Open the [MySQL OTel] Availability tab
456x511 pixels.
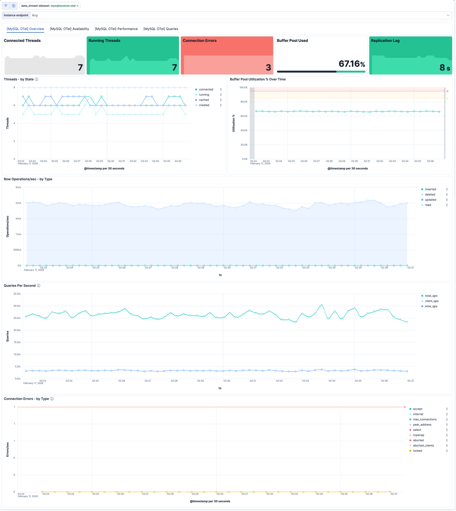(x=69, y=29)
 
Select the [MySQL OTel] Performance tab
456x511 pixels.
(x=116, y=29)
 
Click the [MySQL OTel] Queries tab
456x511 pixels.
(x=161, y=29)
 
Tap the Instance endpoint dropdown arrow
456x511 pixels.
(x=448, y=15)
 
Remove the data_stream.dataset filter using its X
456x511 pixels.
(x=78, y=6)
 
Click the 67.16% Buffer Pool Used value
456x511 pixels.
(x=352, y=64)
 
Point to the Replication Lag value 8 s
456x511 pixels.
(x=445, y=68)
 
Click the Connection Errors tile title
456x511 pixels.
(x=199, y=41)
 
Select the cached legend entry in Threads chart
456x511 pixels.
(x=204, y=100)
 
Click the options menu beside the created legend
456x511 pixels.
(x=221, y=105)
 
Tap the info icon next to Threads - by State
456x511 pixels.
(x=37, y=79)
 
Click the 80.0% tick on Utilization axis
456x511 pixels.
(x=244, y=102)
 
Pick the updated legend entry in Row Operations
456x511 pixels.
(x=430, y=200)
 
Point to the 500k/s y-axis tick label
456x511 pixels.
(x=17, y=250)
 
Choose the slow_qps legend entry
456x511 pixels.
(x=431, y=306)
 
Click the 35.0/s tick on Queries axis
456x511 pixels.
(x=17, y=294)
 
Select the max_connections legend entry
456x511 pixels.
(x=424, y=419)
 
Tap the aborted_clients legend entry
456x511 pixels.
(x=423, y=446)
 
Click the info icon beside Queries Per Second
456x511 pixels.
(x=39, y=286)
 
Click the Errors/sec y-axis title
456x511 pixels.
(x=7, y=450)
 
